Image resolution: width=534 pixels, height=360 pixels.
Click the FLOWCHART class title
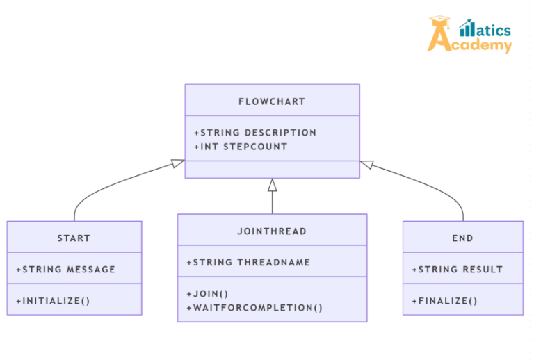tap(272, 101)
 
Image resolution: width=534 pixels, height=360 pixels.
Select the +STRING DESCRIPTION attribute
tap(255, 133)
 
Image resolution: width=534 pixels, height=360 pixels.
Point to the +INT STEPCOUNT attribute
tap(241, 147)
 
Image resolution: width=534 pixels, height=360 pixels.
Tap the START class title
tap(74, 238)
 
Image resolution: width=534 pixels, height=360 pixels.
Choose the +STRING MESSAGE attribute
tap(65, 270)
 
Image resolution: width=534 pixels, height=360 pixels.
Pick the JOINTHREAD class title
tap(272, 231)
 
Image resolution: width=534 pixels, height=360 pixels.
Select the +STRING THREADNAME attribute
tap(248, 263)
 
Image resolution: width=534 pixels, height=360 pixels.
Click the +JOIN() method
tap(208, 294)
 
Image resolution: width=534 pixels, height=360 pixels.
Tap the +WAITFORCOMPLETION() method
tap(254, 308)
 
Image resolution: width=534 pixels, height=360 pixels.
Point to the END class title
tap(462, 238)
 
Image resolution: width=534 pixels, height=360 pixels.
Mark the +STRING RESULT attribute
tap(457, 270)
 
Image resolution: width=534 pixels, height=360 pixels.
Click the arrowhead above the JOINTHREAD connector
tap(273, 185)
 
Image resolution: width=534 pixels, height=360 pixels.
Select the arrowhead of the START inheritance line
tap(178, 164)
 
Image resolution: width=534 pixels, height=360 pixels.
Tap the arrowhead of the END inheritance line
tap(367, 164)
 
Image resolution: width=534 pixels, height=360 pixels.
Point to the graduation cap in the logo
tap(439, 23)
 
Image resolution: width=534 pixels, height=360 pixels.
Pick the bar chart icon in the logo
tap(467, 28)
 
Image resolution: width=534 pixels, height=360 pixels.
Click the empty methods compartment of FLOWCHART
tap(272, 170)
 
